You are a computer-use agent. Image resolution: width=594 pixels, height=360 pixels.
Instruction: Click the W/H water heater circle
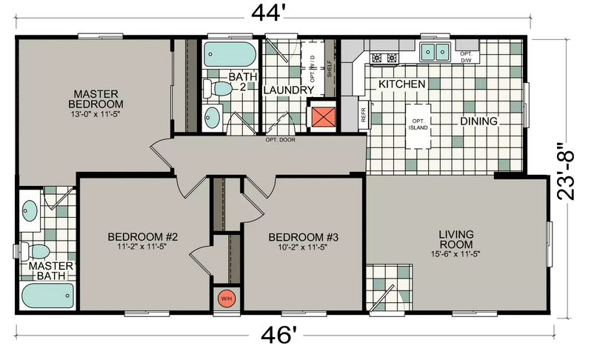(x=227, y=299)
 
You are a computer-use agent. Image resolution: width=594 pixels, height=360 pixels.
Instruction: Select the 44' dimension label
(x=268, y=13)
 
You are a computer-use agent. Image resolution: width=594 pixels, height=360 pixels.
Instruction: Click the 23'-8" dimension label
(x=566, y=171)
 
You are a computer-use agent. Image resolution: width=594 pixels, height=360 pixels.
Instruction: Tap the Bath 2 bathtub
(x=230, y=54)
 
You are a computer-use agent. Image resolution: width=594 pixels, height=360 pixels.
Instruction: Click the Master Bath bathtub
(x=47, y=296)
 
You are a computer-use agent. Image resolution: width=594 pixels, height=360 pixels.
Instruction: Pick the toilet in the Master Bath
(x=35, y=251)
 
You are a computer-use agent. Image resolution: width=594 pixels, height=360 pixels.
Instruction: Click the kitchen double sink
(x=435, y=52)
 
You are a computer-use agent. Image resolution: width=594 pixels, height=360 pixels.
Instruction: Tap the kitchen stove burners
(x=384, y=58)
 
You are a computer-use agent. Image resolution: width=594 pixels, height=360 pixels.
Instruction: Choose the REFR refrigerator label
(x=364, y=114)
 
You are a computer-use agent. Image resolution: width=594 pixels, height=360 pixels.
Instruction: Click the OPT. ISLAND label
(x=418, y=124)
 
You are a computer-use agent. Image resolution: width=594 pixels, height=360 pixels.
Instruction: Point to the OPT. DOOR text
(x=280, y=139)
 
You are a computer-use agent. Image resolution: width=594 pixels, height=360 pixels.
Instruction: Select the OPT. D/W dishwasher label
(x=466, y=57)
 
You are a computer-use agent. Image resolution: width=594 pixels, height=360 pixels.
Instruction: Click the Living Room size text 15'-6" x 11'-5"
(x=455, y=254)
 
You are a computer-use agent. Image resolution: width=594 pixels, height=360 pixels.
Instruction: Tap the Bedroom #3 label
(x=304, y=238)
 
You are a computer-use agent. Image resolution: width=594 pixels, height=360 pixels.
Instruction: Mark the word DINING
(x=478, y=121)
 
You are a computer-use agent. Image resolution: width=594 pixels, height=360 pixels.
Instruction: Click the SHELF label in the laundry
(x=329, y=69)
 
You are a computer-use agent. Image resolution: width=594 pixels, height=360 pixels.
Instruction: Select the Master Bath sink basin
(x=30, y=210)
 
